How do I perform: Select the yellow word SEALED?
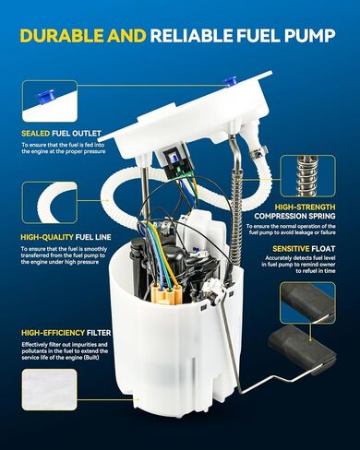36,134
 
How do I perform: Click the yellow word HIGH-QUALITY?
47,237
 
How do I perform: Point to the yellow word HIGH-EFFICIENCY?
54,333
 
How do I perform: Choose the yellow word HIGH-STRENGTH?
305,207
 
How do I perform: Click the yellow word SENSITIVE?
291,248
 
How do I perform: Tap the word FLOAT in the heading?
323,248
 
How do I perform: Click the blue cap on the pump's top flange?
230,81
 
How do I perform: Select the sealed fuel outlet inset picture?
50,101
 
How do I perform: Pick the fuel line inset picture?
50,202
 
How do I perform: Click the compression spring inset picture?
307,176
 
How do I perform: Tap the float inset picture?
307,302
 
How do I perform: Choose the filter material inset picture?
49,389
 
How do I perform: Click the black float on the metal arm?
302,349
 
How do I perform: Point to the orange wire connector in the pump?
165,294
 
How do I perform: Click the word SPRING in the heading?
320,216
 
